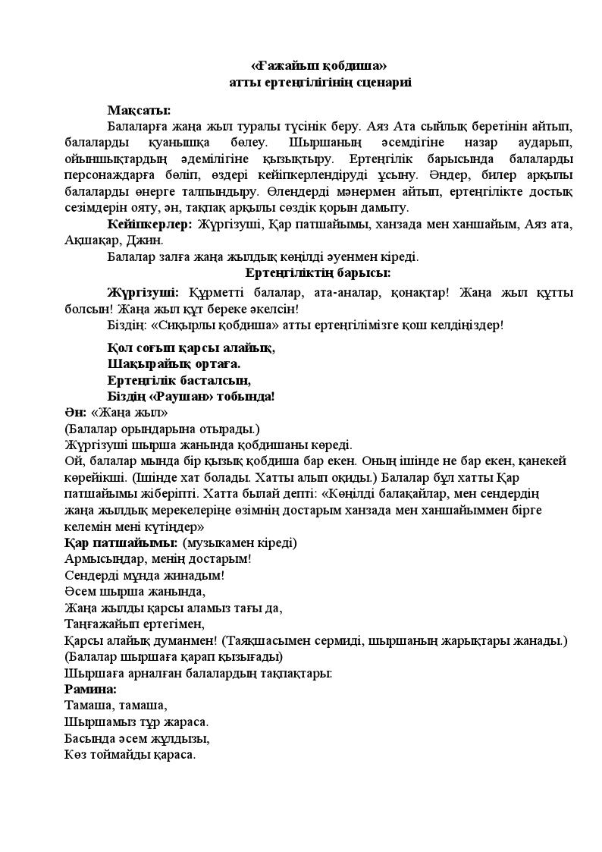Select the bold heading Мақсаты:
click(x=139, y=110)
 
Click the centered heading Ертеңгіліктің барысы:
click(x=318, y=272)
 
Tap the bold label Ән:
click(x=76, y=413)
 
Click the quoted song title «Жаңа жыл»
click(x=129, y=413)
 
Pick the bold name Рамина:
click(x=91, y=690)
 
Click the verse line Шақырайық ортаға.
click(x=174, y=363)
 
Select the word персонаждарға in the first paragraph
click(x=111, y=175)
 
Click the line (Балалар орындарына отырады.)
click(x=162, y=429)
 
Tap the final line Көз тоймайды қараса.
click(x=130, y=755)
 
